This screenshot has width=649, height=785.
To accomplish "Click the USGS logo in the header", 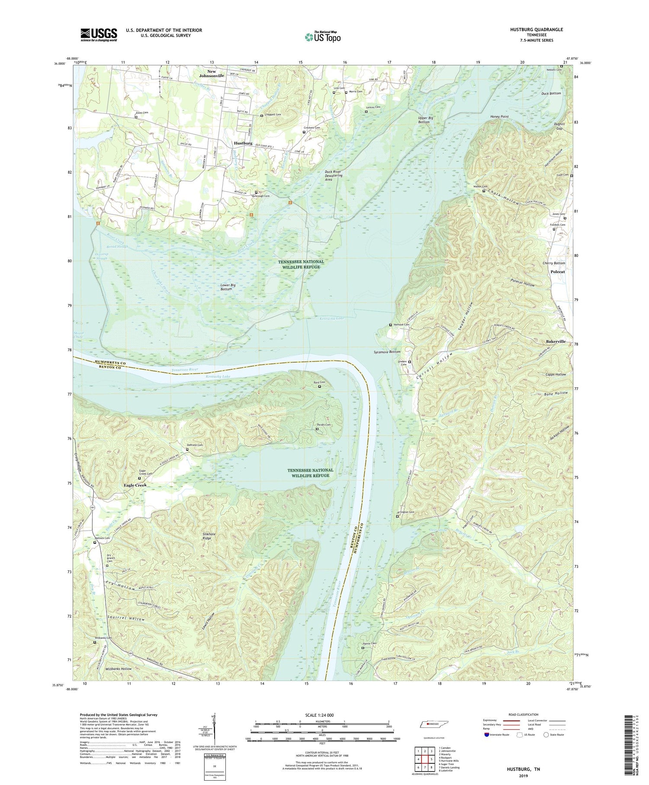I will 99,35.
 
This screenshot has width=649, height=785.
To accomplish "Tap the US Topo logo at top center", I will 322,37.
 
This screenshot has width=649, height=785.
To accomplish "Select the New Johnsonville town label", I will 212,74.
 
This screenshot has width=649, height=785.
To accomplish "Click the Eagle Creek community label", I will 135,485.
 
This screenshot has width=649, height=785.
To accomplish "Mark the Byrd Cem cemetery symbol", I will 320,387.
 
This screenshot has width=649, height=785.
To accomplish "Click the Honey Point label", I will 499,117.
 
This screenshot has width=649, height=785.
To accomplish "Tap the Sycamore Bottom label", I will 387,352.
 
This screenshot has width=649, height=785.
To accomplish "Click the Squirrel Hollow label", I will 126,619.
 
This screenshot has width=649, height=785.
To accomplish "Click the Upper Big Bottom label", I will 424,120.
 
